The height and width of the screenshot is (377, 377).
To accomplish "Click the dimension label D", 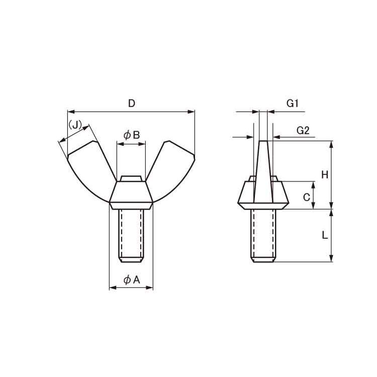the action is pos(132,104).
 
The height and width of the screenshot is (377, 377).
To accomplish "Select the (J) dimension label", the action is pos(75,125).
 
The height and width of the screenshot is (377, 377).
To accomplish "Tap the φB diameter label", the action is pos(132,135).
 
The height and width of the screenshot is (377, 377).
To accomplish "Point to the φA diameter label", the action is pos(132,280).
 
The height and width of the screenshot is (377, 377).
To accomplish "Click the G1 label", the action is pos(293,104).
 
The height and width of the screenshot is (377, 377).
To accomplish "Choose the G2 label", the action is pos(303,131).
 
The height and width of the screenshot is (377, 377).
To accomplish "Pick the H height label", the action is pos(325,174).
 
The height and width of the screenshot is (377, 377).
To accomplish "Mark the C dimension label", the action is pos(307,198).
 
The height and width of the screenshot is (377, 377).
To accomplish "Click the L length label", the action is pos(325,235).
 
